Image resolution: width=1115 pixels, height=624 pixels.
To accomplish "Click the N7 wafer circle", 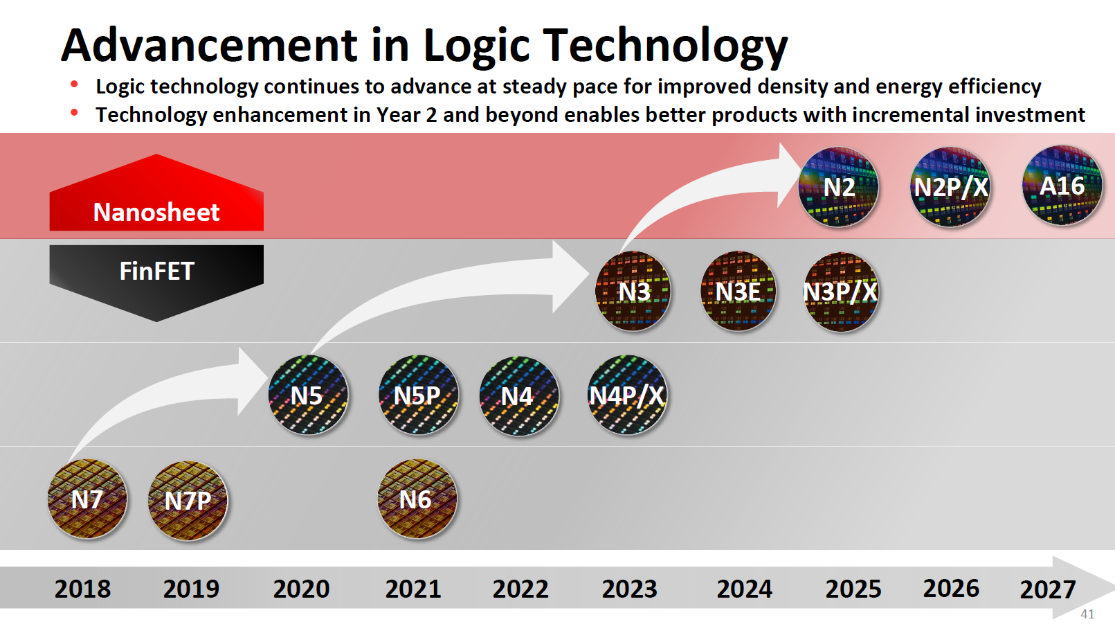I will [87, 499].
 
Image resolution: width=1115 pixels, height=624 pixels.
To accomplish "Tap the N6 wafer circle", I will [417, 499].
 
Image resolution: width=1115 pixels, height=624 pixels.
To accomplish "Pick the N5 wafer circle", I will [307, 395].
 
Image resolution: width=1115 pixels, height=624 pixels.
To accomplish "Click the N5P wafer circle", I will [418, 395].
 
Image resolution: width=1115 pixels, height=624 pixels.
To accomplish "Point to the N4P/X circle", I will [627, 395].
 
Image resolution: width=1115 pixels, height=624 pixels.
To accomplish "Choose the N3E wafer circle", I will [738, 292].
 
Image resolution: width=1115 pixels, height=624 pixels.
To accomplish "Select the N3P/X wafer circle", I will [841, 292].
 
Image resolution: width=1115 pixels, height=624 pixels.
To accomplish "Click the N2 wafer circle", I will [838, 187].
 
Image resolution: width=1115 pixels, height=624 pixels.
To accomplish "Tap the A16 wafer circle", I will [1062, 186].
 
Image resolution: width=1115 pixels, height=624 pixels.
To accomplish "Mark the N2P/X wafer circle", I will [950, 187].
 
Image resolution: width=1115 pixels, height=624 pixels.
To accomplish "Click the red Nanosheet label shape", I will [156, 201].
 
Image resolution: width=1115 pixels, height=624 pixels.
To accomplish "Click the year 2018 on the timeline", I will [82, 589].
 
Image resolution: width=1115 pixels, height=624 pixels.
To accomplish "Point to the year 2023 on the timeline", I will [629, 589].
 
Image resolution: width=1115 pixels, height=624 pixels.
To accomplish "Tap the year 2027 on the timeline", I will [1047, 590].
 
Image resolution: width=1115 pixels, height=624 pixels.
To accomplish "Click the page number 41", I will [1087, 614].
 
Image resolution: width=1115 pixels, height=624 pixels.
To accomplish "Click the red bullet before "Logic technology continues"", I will [74, 84].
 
